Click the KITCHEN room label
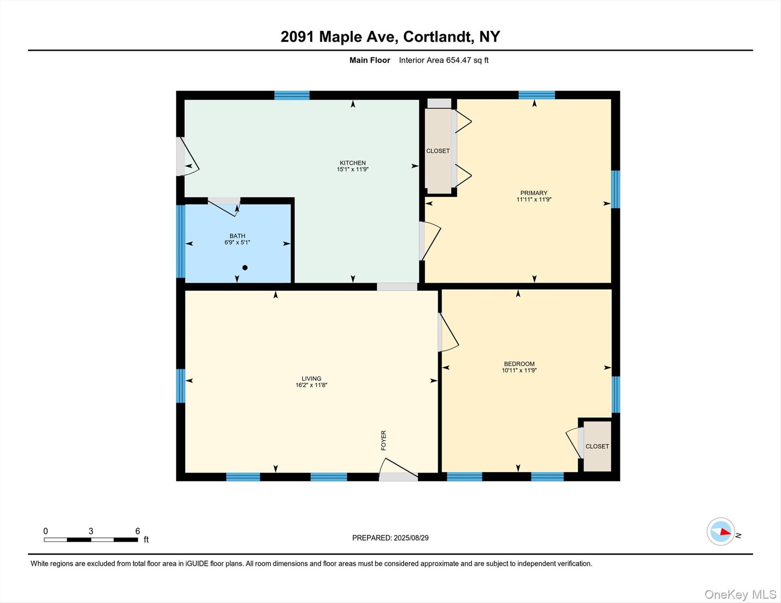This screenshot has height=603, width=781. tap(352, 163)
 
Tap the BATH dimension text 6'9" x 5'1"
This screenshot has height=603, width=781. tap(237, 243)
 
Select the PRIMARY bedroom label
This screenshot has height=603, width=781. tap(533, 193)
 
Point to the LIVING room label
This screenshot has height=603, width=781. tap(311, 378)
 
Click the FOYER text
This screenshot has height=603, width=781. tap(384, 440)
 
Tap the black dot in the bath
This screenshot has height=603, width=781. tap(245, 268)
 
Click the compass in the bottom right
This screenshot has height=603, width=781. tap(721, 532)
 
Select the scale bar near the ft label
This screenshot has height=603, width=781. tap(91, 540)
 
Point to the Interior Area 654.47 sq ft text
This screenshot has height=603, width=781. tap(444, 60)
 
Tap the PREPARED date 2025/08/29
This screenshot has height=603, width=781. tap(390, 538)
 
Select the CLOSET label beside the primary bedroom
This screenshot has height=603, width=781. tap(438, 151)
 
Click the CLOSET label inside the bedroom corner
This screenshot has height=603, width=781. tap(597, 446)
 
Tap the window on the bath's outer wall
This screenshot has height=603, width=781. tap(180, 241)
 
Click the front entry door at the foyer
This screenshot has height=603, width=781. tap(398, 476)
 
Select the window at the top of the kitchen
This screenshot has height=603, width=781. tap(291, 95)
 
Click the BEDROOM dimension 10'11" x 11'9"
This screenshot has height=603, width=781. tap(519, 370)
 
